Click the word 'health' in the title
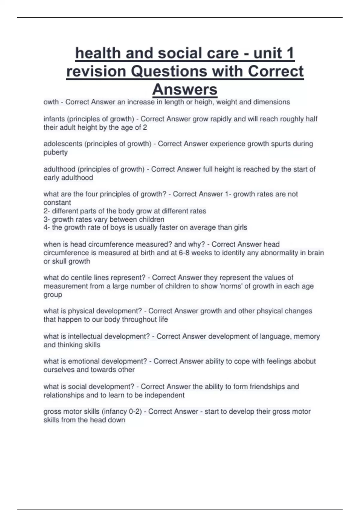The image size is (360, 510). pos(98,53)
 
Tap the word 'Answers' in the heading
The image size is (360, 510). pos(185,89)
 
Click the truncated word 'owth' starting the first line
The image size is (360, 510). pos(51,102)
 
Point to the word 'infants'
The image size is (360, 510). pos(54,119)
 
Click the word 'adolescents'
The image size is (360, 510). pos(63,144)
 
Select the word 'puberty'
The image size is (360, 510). pos(55,152)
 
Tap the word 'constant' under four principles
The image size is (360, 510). pos(57,202)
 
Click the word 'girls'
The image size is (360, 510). pos(240,227)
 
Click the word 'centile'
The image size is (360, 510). pos(81,277)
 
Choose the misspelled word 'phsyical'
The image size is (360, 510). pos(269,311)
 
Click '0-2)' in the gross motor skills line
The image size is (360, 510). pos(135,411)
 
